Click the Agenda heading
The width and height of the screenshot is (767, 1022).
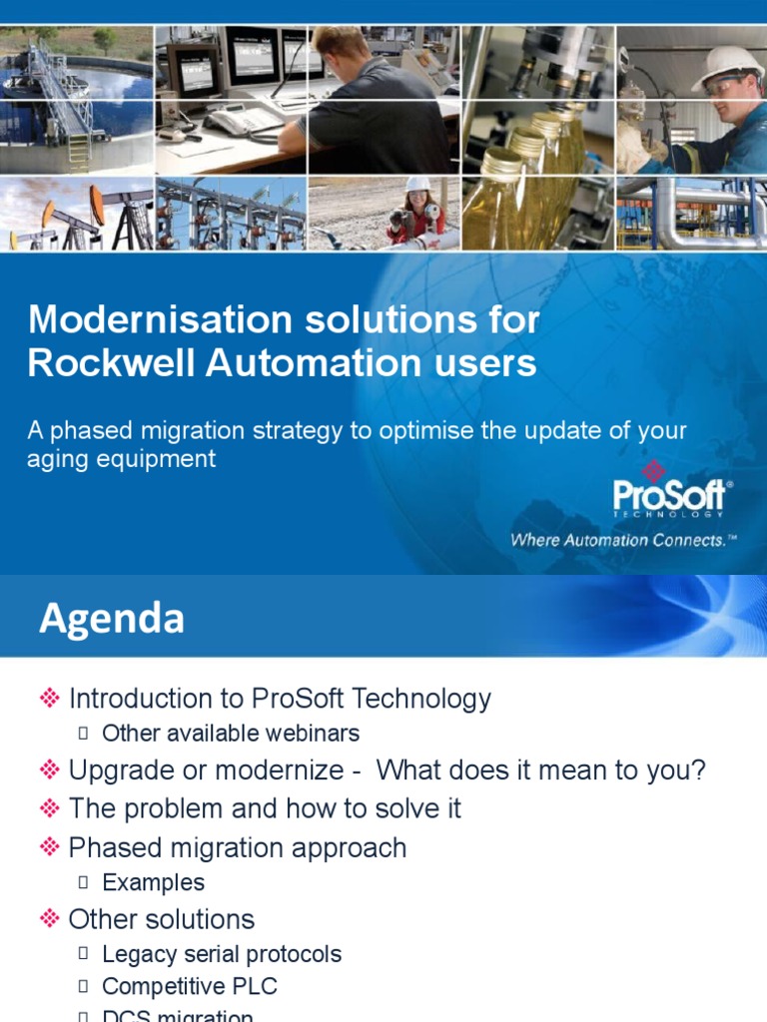point(111,619)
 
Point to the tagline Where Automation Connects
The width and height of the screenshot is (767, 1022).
point(622,540)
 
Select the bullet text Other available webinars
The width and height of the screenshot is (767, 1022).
point(230,734)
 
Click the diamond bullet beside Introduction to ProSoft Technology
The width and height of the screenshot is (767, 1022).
point(50,699)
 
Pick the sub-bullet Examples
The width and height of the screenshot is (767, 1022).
point(153,883)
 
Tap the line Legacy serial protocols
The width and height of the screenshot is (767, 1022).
point(222,955)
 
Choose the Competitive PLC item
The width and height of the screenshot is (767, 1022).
point(190,987)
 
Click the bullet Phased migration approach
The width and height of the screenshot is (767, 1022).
point(237,848)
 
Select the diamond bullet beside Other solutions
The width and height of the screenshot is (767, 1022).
point(50,919)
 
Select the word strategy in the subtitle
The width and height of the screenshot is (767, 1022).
point(306,431)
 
